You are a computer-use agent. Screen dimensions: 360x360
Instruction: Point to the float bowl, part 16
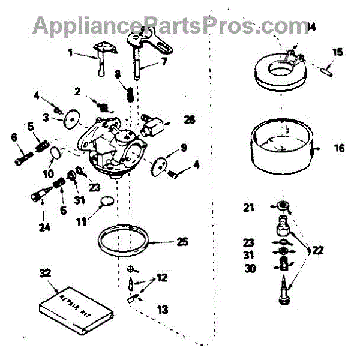280,147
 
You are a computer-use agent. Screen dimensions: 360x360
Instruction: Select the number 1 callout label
70,53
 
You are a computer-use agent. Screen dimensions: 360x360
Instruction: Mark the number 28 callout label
189,120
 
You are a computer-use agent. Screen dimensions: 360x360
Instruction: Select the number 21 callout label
249,208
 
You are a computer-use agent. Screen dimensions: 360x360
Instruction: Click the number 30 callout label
250,268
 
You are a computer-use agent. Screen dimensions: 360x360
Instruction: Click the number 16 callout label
340,148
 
